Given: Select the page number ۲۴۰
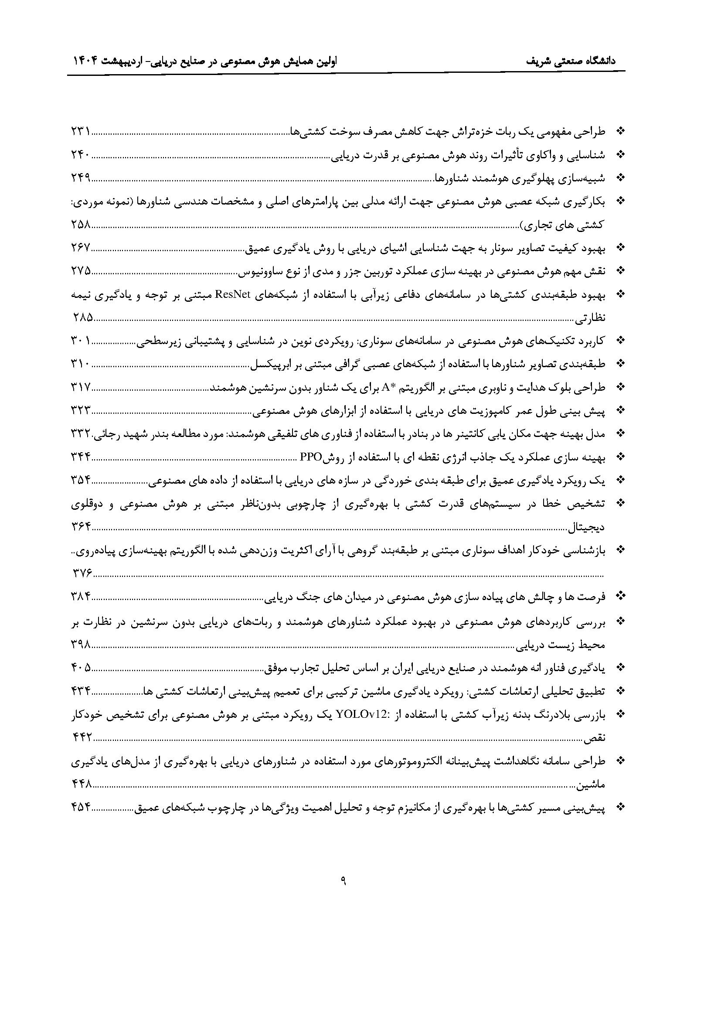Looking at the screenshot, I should pyautogui.click(x=81, y=155).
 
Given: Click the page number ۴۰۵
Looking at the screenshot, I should pyautogui.click(x=81, y=667).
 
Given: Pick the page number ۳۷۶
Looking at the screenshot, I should pyautogui.click(x=82, y=573).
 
